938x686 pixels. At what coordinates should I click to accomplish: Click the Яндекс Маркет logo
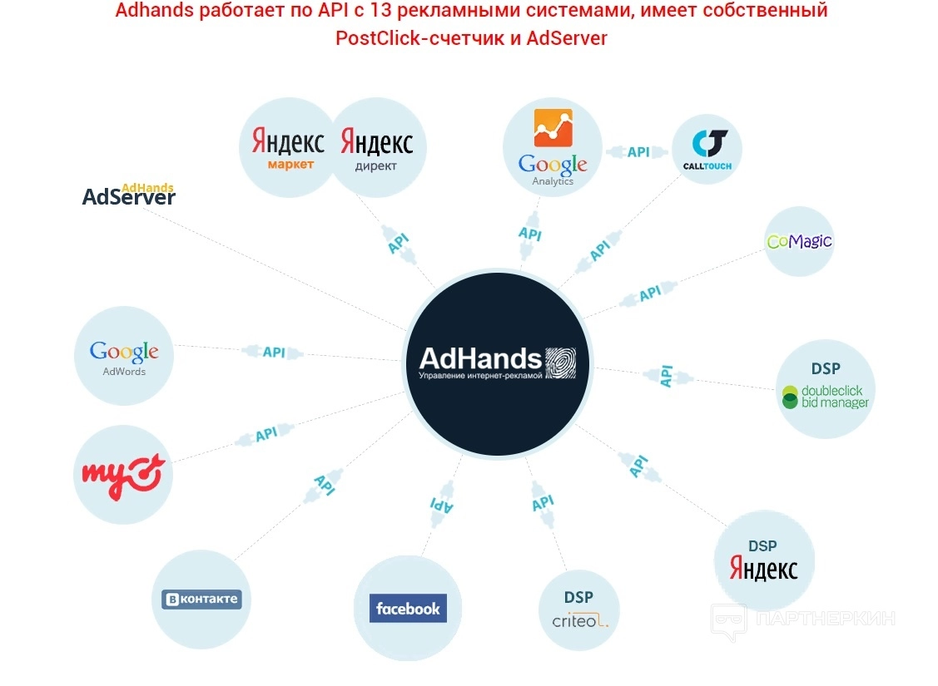[288, 148]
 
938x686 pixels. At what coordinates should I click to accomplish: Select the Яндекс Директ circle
[377, 148]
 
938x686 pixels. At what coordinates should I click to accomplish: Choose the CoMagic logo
[799, 242]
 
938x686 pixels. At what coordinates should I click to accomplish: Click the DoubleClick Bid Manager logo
[825, 397]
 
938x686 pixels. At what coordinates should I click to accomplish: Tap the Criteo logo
[580, 619]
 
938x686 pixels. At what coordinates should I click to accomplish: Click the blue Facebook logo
[408, 608]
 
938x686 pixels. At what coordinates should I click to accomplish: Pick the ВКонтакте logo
[201, 599]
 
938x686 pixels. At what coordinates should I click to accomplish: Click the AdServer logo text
[129, 196]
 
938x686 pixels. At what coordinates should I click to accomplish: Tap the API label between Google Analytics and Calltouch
[638, 152]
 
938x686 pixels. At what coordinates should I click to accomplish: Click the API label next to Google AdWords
[274, 352]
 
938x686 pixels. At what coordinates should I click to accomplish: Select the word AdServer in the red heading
[567, 38]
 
